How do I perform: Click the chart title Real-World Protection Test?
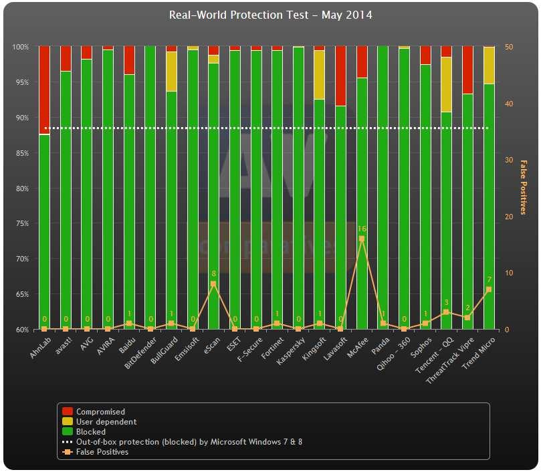pyautogui.click(x=270, y=15)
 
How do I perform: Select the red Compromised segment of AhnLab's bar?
pyautogui.click(x=44, y=90)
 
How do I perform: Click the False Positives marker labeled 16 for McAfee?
pyautogui.click(x=362, y=239)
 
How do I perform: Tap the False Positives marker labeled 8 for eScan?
pyautogui.click(x=213, y=284)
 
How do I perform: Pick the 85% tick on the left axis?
pyautogui.click(x=21, y=153)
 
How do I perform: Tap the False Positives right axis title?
pyautogui.click(x=524, y=188)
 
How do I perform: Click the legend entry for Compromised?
pyautogui.click(x=100, y=412)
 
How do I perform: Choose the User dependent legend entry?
pyautogui.click(x=106, y=422)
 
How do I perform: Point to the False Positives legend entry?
pyautogui.click(x=102, y=452)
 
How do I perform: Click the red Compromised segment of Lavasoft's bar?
pyautogui.click(x=340, y=76)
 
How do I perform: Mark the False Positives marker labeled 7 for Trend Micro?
pyautogui.click(x=489, y=289)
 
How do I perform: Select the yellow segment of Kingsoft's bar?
pyautogui.click(x=319, y=75)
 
